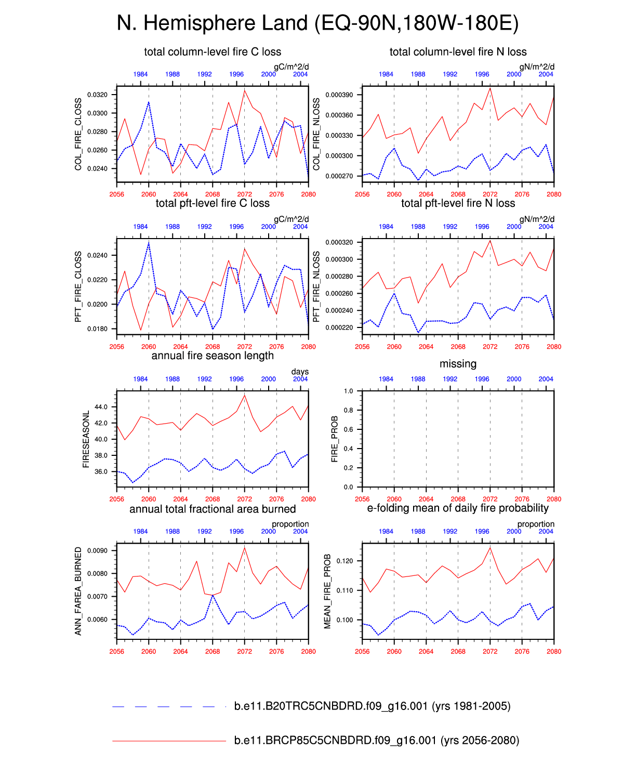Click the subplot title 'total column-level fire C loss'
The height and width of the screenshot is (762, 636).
click(213, 52)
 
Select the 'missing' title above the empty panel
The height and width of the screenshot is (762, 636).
click(458, 364)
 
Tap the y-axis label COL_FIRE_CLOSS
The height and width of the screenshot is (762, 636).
click(78, 134)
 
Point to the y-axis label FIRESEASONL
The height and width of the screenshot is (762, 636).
click(86, 439)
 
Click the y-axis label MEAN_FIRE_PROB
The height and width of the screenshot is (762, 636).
click(327, 592)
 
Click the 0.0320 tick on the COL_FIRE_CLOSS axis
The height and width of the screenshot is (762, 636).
click(97, 95)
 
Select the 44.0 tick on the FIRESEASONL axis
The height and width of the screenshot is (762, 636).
click(101, 407)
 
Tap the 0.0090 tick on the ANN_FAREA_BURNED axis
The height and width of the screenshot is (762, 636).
click(97, 551)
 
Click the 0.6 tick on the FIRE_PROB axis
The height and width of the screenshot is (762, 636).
click(349, 429)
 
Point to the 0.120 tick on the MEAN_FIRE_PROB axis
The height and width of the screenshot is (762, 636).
click(344, 561)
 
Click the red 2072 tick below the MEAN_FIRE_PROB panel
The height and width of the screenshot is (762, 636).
click(490, 651)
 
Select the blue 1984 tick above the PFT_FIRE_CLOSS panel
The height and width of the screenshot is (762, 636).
click(140, 227)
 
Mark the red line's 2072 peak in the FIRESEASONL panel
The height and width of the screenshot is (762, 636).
click(245, 396)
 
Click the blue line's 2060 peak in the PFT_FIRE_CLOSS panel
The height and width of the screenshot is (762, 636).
click(149, 243)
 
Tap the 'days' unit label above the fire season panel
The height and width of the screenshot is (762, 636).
click(300, 372)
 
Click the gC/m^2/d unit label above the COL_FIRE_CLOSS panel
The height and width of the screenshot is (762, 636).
click(291, 67)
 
